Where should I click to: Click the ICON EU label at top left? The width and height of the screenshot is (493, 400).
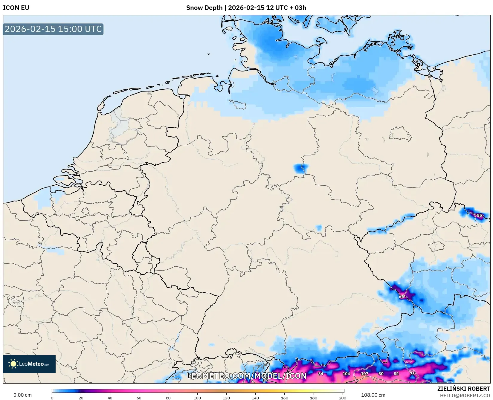tap(16, 8)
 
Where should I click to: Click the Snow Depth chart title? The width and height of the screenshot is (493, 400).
tap(246, 8)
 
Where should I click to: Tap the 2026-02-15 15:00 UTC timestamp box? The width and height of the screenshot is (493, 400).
tap(53, 29)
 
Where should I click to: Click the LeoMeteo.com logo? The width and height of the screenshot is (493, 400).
tap(29, 364)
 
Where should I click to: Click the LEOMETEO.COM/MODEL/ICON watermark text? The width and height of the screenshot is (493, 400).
tap(247, 376)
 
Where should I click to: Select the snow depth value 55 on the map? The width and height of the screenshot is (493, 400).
tap(479, 215)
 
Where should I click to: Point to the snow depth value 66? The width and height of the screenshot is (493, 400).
tap(401, 297)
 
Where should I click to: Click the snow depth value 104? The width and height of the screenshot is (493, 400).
tap(346, 373)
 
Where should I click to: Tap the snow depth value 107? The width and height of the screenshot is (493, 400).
tap(364, 373)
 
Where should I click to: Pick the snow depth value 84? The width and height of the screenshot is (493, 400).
tap(320, 373)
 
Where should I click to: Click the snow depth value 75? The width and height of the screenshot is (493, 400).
tap(412, 373)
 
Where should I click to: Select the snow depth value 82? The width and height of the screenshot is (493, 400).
tap(396, 373)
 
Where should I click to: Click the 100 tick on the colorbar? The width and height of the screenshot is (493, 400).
tap(197, 398)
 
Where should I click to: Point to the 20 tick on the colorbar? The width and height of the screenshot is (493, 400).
tap(81, 398)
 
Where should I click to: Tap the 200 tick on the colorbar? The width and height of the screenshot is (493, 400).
tap(343, 398)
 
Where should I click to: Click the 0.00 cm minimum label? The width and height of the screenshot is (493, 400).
tap(22, 395)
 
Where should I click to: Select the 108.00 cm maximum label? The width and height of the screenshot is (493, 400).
tap(373, 395)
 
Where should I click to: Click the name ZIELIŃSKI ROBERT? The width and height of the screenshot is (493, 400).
tap(464, 389)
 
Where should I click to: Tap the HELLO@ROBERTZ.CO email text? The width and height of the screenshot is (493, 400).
tap(465, 396)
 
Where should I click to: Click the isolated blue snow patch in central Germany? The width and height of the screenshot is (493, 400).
tap(300, 169)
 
